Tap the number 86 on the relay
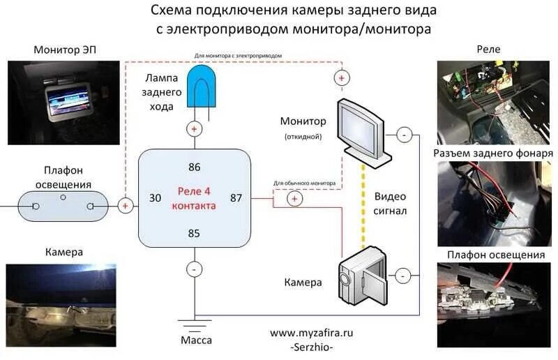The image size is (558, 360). (x=194, y=167)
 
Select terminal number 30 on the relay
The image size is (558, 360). (x=155, y=198)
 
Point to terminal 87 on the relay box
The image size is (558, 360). (x=236, y=198)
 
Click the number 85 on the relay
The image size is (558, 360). (x=194, y=233)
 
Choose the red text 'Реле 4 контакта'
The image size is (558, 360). (x=194, y=199)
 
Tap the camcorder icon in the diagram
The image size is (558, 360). (x=363, y=276)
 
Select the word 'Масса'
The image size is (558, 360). (x=195, y=340)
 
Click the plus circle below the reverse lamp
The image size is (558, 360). (x=194, y=129)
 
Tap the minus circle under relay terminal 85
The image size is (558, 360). (x=194, y=269)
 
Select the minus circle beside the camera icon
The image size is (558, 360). (x=402, y=276)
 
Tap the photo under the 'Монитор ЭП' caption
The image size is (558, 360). (x=63, y=103)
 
